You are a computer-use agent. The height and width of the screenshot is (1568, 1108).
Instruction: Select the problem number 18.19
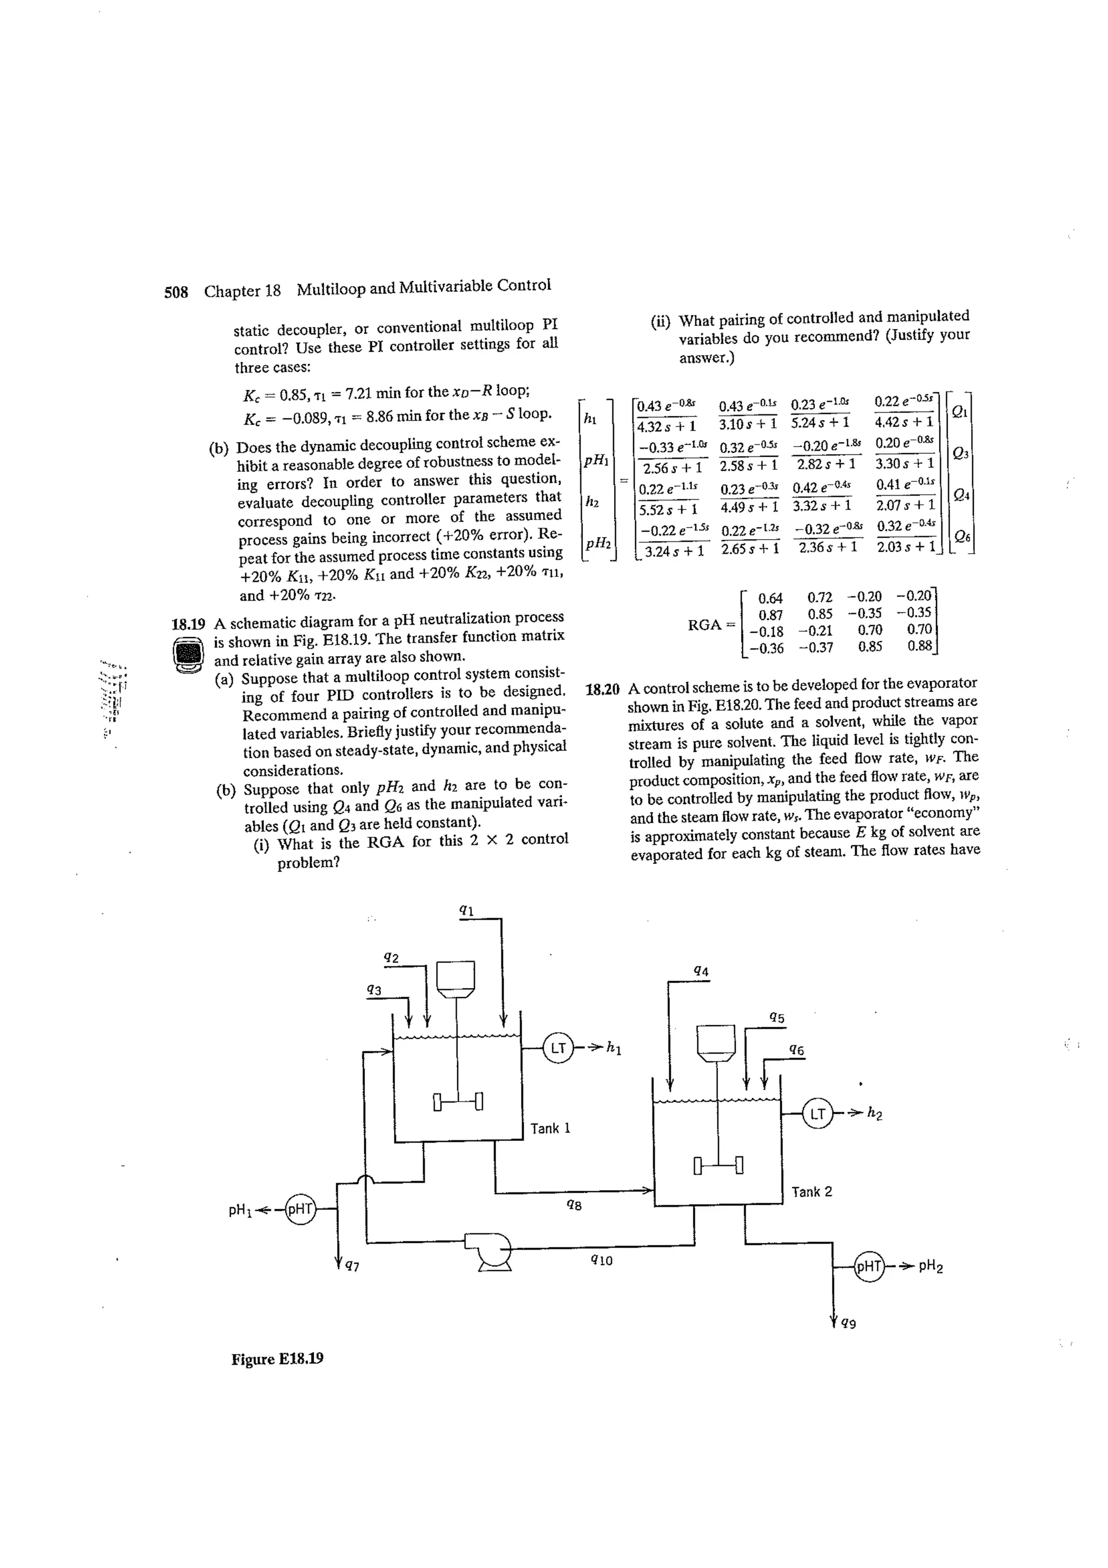tap(188, 624)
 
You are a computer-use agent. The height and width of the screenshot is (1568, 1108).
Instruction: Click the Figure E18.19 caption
tap(277, 1359)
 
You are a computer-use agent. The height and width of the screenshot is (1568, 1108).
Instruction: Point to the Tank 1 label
tap(550, 1128)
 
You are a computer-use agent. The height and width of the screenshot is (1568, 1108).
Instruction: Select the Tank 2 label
tap(812, 1192)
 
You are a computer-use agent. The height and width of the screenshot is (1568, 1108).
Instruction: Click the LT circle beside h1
tap(558, 1048)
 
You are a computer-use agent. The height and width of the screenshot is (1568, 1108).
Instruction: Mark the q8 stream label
tap(574, 1205)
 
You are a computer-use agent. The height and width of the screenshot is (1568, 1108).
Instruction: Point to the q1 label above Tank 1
tap(467, 910)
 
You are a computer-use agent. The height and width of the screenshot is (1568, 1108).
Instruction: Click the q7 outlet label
tap(352, 1267)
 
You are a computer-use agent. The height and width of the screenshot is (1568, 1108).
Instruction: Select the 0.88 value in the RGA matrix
tap(920, 645)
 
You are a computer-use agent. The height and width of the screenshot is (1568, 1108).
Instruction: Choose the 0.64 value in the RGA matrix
tap(771, 599)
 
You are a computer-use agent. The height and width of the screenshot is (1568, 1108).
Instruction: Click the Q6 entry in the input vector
tap(961, 537)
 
